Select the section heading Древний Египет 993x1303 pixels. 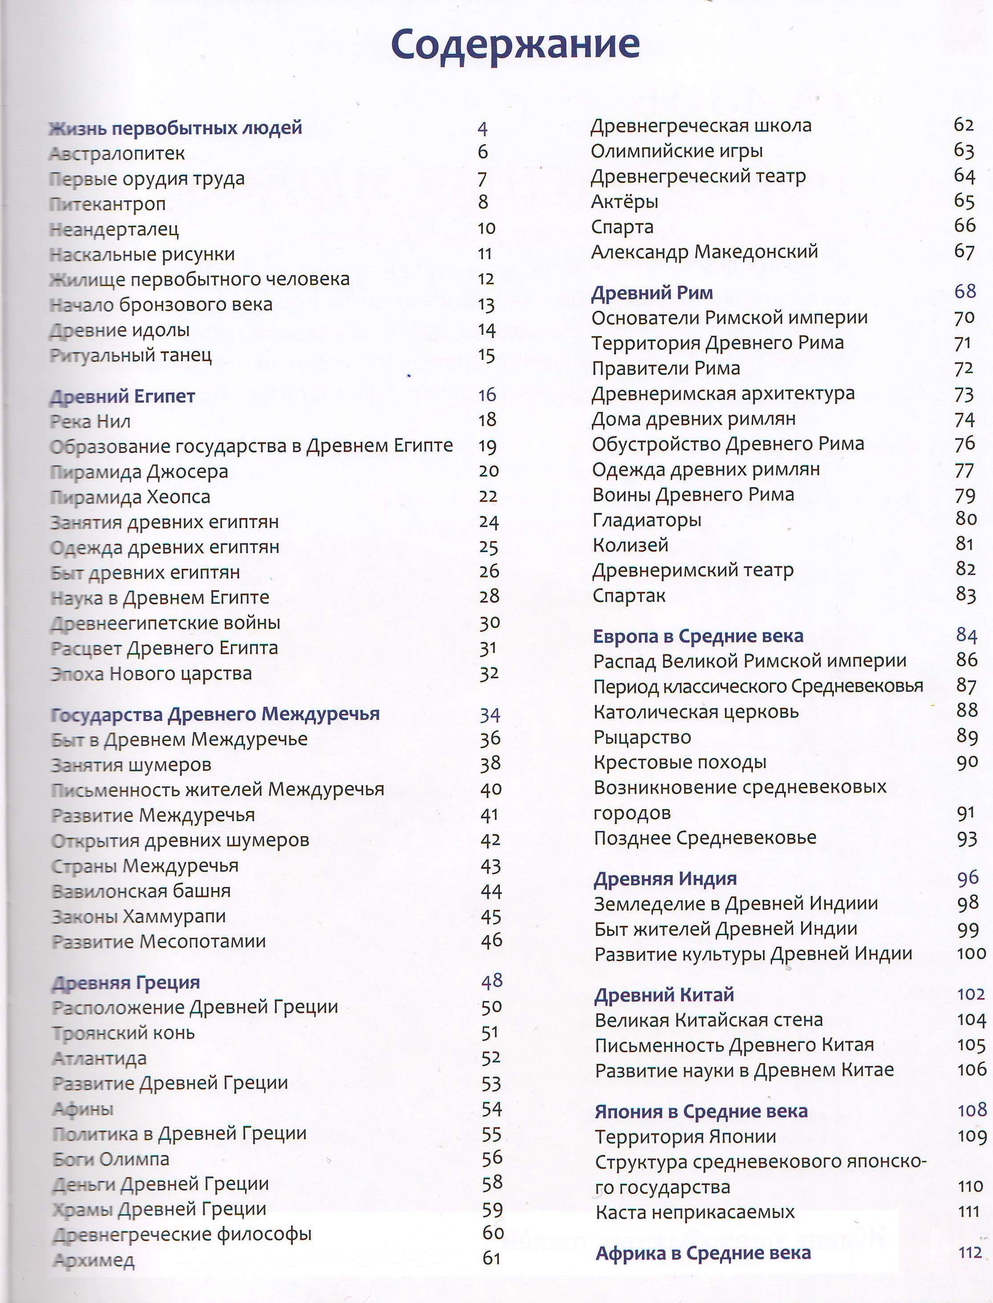tap(122, 396)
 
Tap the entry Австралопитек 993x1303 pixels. tap(117, 154)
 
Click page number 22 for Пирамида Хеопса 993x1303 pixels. tap(488, 497)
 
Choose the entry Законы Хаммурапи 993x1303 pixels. tap(139, 916)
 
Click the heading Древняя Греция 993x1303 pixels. tap(126, 982)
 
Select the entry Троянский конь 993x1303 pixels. tap(124, 1033)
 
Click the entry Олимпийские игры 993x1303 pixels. tap(677, 151)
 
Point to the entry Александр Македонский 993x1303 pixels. tap(705, 252)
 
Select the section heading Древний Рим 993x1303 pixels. tap(652, 293)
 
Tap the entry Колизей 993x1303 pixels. tap(630, 545)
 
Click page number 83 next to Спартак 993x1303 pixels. tap(966, 594)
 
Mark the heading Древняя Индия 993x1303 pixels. tap(665, 879)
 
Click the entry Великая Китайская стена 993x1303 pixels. tap(709, 1020)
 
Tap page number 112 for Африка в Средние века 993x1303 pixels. tap(970, 1252)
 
